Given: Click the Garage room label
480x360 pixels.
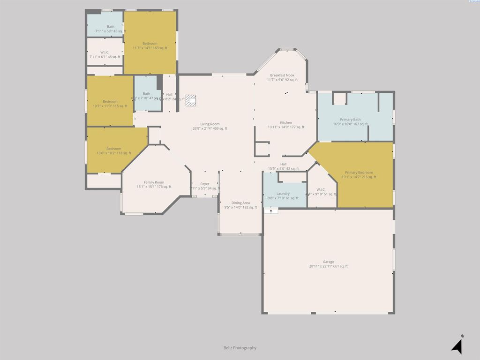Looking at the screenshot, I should coord(328,264).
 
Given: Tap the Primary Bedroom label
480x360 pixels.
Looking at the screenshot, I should coord(359,175).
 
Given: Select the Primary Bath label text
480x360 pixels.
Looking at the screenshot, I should coord(350,122).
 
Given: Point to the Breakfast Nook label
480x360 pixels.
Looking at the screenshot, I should coord(282,77).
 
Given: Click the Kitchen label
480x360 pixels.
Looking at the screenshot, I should coord(286,125).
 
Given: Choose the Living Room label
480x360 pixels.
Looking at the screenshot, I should coord(210,126).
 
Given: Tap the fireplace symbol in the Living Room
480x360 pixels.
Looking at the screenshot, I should coord(191,100).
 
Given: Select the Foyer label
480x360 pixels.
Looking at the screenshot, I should coord(205,186).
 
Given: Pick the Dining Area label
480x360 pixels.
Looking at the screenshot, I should coord(240,205).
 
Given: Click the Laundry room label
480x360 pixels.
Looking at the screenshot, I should coord(283,195).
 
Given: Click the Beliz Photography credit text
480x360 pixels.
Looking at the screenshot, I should coord(240,348).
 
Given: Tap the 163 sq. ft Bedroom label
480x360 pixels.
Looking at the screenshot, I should coord(150,45).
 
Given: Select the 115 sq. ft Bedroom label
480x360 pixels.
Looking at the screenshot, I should coord(110,104).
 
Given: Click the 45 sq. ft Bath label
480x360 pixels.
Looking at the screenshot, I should coord(111,29).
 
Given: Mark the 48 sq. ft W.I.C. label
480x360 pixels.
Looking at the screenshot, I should coord(105,54).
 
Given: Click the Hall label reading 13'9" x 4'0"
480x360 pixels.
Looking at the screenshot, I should coord(283,166).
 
